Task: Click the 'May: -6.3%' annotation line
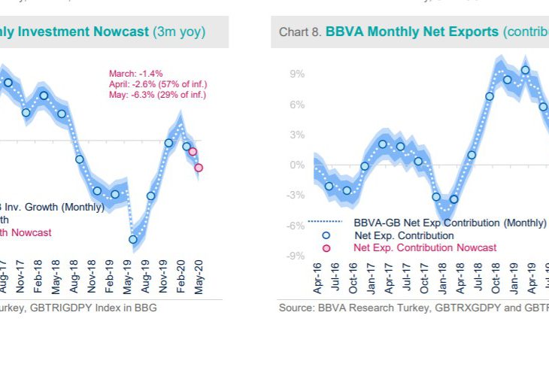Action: pyautogui.click(x=157, y=95)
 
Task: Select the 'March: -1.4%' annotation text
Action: pyautogui.click(x=136, y=74)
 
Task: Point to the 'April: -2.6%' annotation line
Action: pyautogui.click(x=158, y=84)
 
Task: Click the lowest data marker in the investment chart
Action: pyautogui.click(x=134, y=240)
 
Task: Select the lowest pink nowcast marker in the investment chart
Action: pyautogui.click(x=199, y=168)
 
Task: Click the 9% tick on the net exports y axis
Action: pyautogui.click(x=296, y=74)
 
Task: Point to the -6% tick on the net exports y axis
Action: pyautogui.click(x=295, y=226)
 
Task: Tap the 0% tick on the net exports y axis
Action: pyautogui.click(x=296, y=165)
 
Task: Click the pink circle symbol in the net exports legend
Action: pyautogui.click(x=326, y=248)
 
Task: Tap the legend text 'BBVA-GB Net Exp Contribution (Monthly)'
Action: pyautogui.click(x=450, y=223)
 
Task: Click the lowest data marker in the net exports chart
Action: pyautogui.click(x=453, y=199)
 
